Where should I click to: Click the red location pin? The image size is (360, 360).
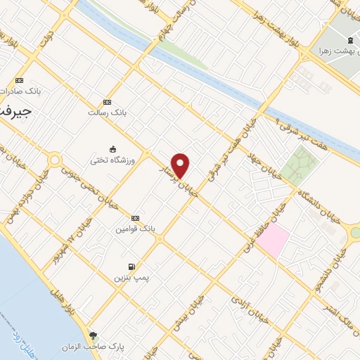181,165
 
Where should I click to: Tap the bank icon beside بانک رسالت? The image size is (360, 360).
107,102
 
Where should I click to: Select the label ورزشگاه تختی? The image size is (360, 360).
107,160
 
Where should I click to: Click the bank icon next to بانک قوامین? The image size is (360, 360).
136,218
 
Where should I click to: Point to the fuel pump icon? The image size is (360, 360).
131,266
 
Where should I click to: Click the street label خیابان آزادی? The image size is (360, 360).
243,309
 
